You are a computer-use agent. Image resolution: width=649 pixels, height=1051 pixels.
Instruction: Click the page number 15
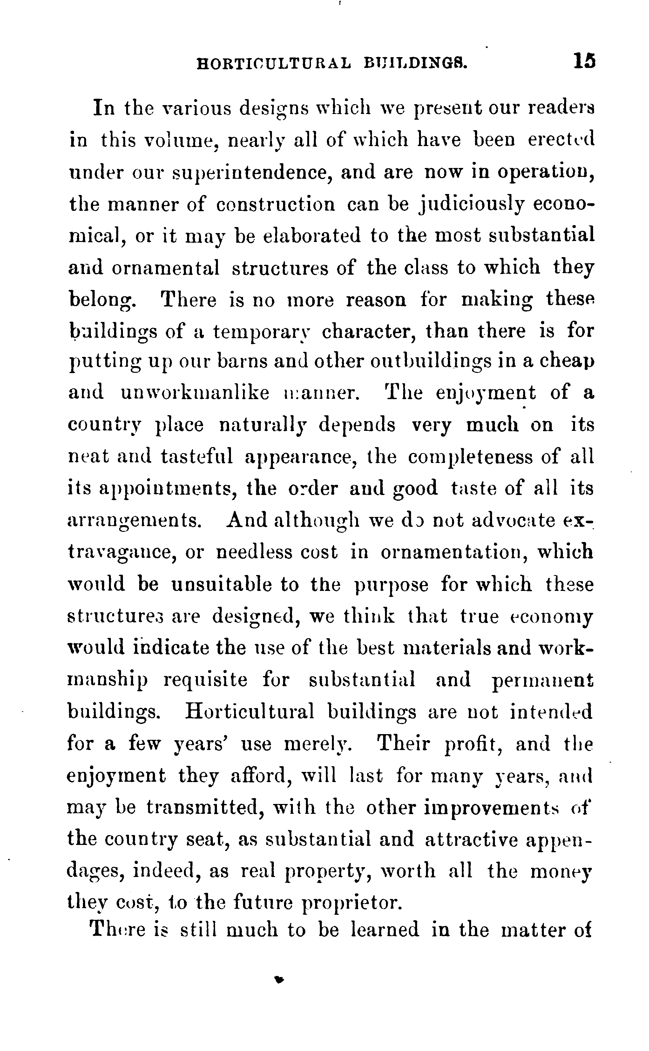(x=584, y=61)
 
